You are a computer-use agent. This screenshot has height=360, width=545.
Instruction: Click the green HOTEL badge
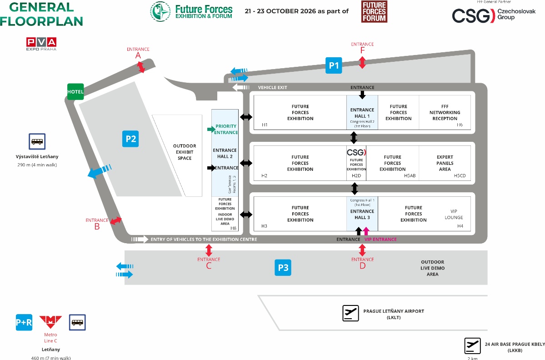75,91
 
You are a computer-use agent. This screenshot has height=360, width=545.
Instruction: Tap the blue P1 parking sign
334,65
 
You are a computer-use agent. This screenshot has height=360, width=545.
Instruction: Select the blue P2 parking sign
130,139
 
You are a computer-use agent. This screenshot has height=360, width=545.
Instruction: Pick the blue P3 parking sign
283,268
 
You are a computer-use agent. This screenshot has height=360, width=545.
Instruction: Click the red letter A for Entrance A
138,55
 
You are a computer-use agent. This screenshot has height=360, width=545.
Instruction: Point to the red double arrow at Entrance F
362,63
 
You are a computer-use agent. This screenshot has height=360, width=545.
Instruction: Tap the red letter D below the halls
362,266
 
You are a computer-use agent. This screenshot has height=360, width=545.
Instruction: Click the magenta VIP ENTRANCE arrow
366,231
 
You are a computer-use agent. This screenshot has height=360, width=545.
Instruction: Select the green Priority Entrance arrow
211,130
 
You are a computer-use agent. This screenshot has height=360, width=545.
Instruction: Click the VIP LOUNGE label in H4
454,214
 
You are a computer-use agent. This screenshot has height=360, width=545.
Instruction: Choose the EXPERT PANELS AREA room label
445,163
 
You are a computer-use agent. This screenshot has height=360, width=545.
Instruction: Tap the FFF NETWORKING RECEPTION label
445,112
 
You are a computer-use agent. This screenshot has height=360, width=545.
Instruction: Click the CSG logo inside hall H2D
356,152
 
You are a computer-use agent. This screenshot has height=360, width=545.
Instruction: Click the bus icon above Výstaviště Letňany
37,141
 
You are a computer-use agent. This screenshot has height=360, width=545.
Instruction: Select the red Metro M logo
50,322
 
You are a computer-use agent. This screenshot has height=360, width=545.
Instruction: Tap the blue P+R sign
24,322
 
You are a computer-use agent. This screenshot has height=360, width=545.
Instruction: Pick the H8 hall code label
234,228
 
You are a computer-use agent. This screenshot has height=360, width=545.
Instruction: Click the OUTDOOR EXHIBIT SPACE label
185,152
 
